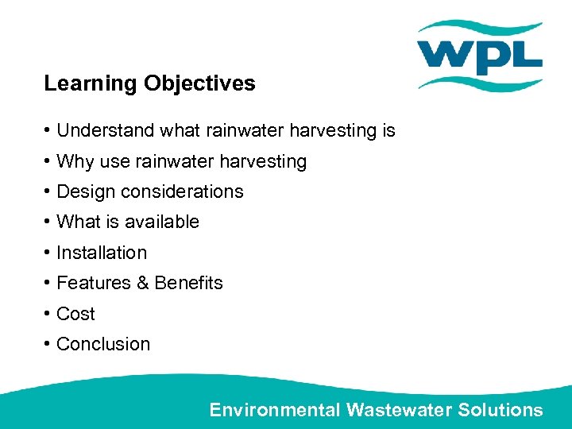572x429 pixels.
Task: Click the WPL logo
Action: coord(480,56)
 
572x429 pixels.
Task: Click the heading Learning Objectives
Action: coord(149,83)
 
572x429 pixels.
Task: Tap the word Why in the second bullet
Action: coord(75,161)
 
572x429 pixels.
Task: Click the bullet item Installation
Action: coord(102,253)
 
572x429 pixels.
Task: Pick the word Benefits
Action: coord(188,283)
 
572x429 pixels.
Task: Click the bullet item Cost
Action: coord(75,314)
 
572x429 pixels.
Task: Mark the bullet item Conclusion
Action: coord(103,344)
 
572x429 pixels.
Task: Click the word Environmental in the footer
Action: coord(275,410)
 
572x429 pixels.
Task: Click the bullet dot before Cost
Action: coord(48,314)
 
